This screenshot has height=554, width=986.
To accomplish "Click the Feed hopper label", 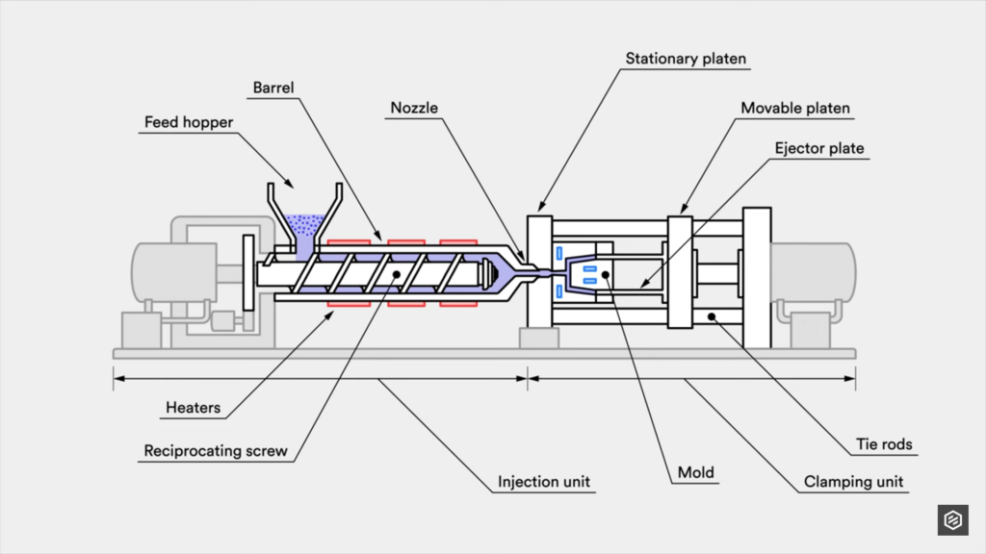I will click(x=189, y=122).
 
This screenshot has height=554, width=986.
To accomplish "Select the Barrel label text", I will click(x=272, y=88).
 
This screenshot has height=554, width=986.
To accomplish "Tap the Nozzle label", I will click(x=414, y=107).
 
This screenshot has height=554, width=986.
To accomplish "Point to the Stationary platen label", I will click(x=686, y=59).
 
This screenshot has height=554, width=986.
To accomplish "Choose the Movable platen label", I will click(x=795, y=108).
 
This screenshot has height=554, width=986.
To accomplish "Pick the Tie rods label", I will click(x=884, y=444).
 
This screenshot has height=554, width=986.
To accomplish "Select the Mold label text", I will click(x=695, y=472).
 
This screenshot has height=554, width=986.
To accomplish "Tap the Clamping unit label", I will click(x=853, y=482).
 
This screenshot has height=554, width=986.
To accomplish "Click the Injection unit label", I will click(x=543, y=481).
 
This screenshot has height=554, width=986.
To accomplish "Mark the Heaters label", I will click(x=193, y=408).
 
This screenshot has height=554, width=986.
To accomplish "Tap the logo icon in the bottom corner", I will click(x=952, y=519).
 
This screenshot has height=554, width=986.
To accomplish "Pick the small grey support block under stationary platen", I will click(x=538, y=338).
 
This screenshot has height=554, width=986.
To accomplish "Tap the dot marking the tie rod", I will click(x=712, y=315).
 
